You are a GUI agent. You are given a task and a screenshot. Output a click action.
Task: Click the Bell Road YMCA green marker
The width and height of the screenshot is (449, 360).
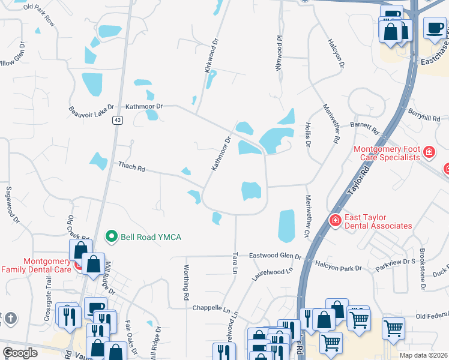click(x=110, y=236)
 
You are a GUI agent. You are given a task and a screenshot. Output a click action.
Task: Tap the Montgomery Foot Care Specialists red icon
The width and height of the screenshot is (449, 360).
click(x=429, y=152)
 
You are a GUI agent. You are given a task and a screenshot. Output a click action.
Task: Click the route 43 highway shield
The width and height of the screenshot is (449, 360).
click(x=117, y=121)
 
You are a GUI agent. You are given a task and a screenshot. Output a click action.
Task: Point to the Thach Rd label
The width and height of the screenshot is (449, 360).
click(x=132, y=166)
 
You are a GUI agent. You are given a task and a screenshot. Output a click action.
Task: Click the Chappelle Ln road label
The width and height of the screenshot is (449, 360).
click(x=211, y=308)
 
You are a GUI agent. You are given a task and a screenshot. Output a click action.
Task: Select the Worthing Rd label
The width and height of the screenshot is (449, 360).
click(x=187, y=283)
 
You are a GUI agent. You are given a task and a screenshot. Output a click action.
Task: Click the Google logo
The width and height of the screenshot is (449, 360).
click(x=20, y=353)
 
